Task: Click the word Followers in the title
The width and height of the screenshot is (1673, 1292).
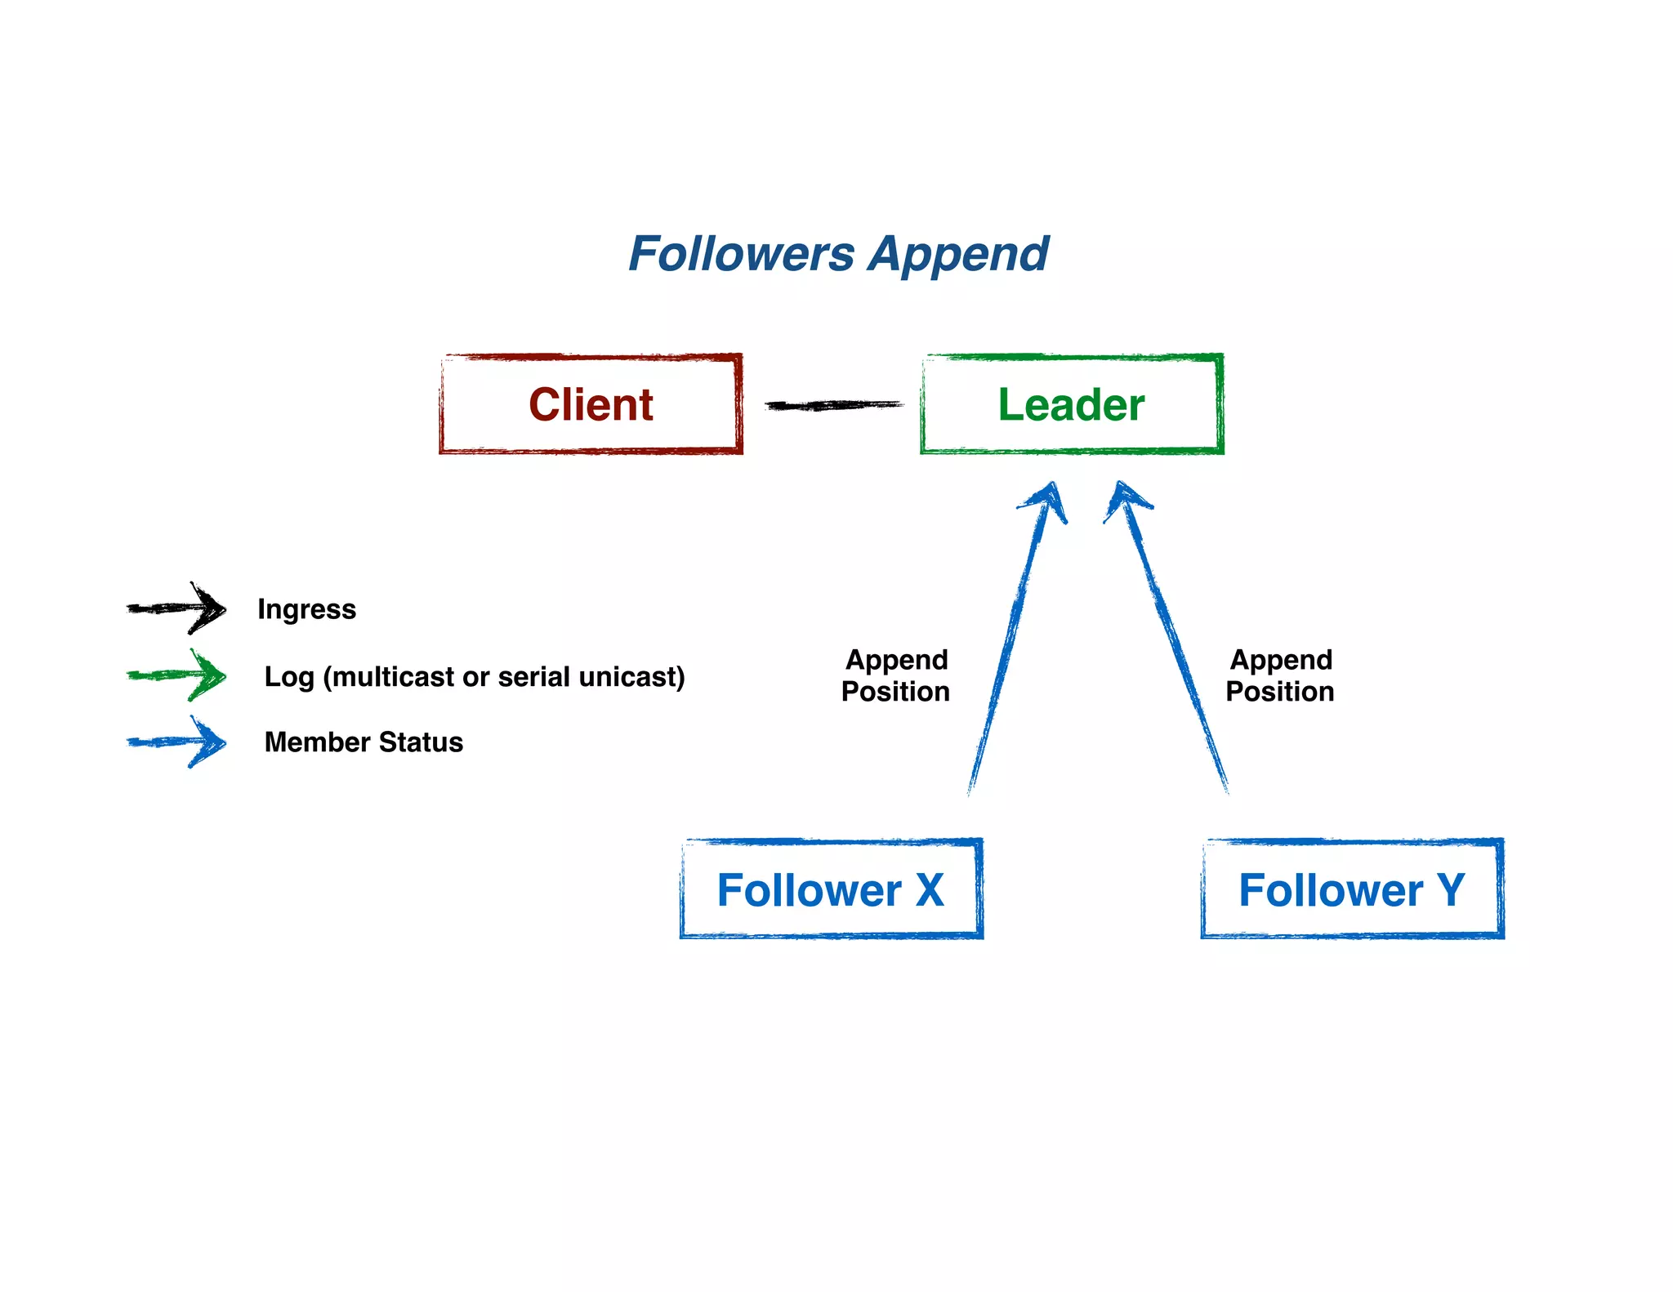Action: coord(741,254)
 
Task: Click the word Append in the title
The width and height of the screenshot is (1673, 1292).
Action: coord(957,256)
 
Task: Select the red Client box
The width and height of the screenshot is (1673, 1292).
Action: coord(591,404)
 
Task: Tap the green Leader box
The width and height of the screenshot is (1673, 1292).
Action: coord(1071,404)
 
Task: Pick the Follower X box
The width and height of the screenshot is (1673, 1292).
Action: coord(831,889)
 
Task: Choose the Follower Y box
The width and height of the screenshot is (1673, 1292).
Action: coord(1352,889)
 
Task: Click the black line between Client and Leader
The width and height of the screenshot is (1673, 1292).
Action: coord(833,405)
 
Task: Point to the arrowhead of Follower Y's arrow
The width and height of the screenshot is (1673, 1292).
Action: coord(1126,497)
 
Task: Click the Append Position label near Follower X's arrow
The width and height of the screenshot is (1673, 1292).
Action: coord(896,675)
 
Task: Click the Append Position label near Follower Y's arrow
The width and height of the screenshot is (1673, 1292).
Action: coord(1280,675)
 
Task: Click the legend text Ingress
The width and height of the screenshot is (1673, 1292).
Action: coord(306,609)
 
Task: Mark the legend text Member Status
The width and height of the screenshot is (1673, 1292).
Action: coord(364,742)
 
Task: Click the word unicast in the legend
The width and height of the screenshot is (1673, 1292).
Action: coord(631,677)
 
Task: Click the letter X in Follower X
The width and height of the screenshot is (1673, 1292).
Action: coord(930,890)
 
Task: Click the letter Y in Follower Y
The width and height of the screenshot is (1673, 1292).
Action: coord(1451,890)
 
